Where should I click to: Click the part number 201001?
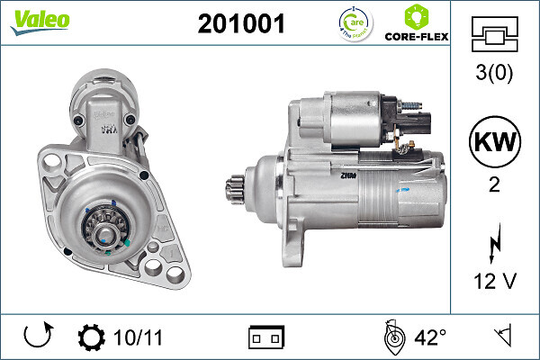240,24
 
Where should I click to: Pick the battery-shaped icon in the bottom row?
266,338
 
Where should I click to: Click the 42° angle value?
430,337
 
